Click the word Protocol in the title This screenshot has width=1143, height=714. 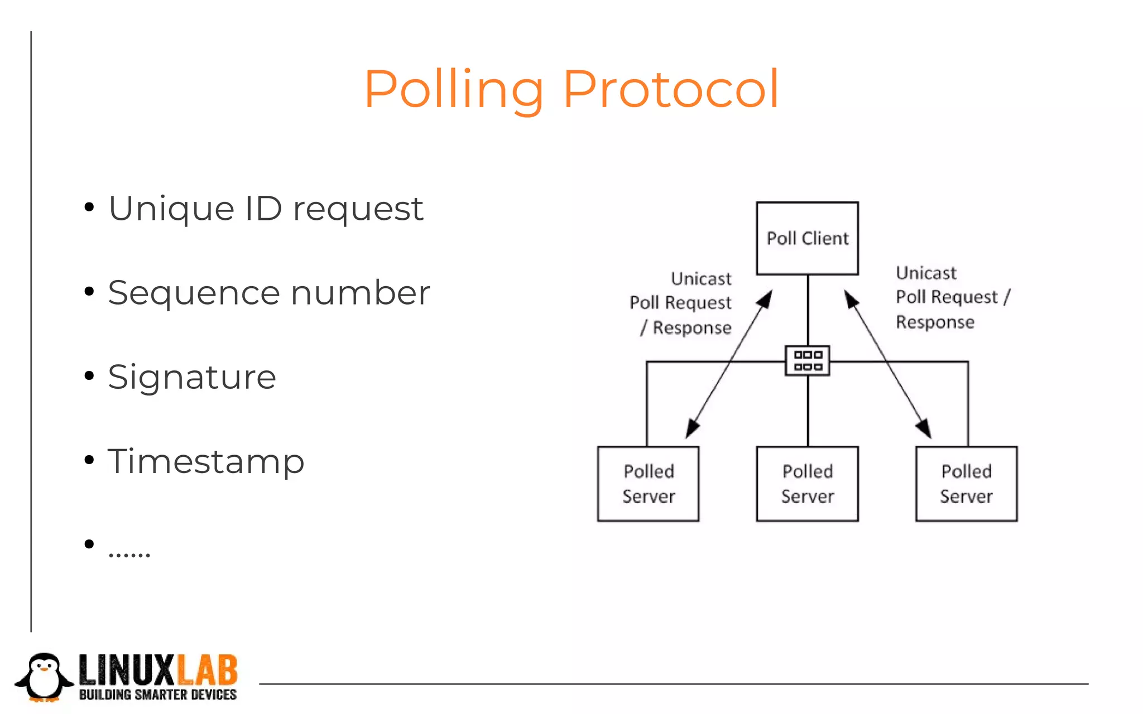(x=670, y=89)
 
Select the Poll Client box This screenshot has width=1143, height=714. (x=807, y=238)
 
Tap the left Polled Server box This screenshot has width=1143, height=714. (x=648, y=484)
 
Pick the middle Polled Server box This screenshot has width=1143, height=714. (x=807, y=484)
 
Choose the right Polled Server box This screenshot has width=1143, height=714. (x=966, y=484)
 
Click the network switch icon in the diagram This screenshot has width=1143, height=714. (x=807, y=360)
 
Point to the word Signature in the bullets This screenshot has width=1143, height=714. (x=192, y=377)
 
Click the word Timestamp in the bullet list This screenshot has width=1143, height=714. (x=206, y=462)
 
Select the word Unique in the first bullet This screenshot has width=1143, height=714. (x=171, y=209)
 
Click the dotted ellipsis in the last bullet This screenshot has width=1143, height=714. (x=129, y=554)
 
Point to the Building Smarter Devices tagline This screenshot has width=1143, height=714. (x=158, y=695)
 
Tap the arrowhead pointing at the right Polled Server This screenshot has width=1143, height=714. (x=924, y=428)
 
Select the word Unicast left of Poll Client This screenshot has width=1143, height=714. (x=701, y=278)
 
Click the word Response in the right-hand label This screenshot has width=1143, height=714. (x=935, y=322)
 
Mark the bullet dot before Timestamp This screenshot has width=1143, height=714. (x=89, y=460)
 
